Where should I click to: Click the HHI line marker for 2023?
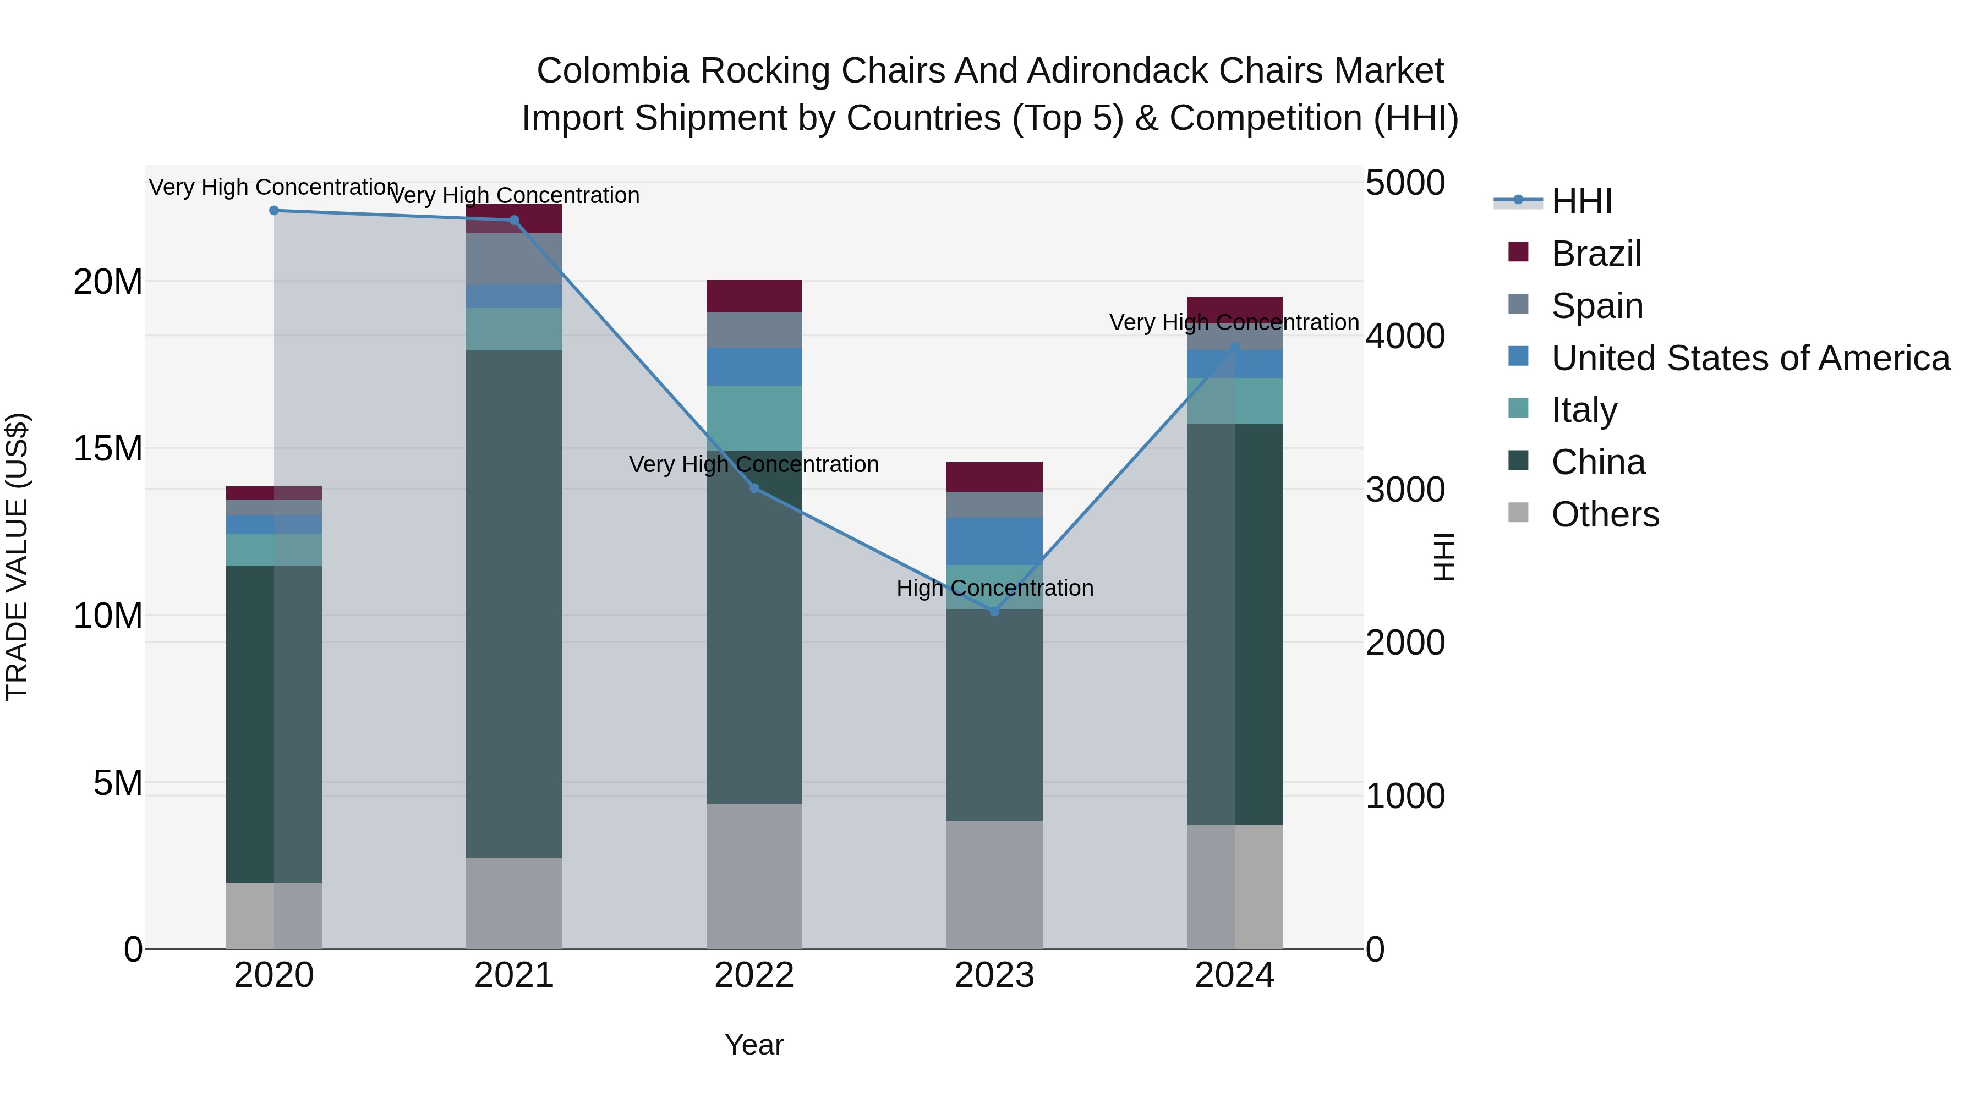(994, 611)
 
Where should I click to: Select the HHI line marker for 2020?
(275, 211)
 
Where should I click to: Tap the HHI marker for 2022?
(754, 488)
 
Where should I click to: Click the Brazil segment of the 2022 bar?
(754, 296)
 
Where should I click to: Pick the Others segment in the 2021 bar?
(515, 903)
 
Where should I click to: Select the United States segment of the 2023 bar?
(994, 541)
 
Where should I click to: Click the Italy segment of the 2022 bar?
(754, 418)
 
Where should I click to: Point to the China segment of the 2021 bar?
(515, 603)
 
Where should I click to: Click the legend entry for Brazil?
(1596, 254)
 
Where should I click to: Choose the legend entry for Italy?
(1584, 410)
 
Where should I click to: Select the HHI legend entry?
(1581, 201)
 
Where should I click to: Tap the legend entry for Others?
(1605, 514)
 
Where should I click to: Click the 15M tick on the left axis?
(108, 448)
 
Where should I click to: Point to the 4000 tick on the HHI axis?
(1405, 336)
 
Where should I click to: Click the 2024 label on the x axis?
(1234, 975)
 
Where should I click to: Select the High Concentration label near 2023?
(994, 588)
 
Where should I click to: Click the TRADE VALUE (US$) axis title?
(17, 557)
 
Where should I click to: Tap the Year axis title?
(754, 1045)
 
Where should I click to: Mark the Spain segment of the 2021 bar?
(515, 259)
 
